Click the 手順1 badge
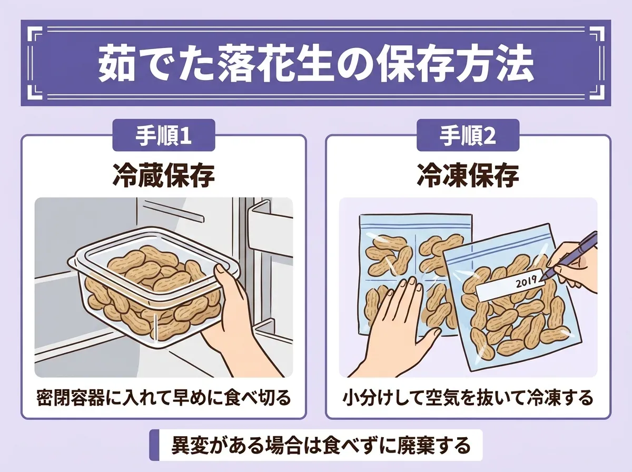click(164, 135)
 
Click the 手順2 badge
click(468, 135)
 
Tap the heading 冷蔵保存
click(164, 175)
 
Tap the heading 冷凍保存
click(468, 175)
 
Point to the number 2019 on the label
click(526, 282)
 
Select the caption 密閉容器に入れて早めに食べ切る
click(164, 398)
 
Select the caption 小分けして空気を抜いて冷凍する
click(468, 398)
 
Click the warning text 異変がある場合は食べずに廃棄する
click(321, 445)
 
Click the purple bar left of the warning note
click(154, 445)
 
